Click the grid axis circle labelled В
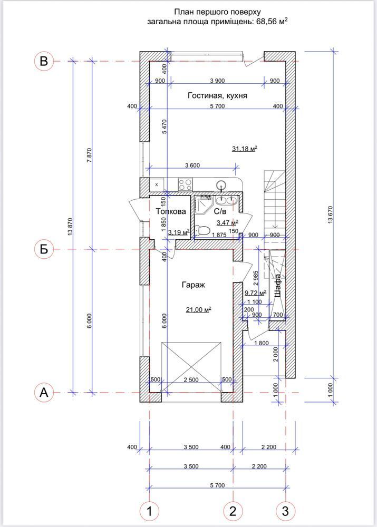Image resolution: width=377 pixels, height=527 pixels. tap(44, 61)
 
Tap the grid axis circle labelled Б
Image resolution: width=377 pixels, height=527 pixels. tap(44, 249)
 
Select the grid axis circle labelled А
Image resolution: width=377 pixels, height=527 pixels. tap(44, 392)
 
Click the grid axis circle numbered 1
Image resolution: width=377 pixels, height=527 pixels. tap(149, 512)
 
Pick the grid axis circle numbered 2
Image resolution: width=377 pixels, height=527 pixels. tap(233, 512)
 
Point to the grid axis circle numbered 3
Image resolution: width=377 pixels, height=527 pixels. tap(285, 512)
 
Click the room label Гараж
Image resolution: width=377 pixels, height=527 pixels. tap(194, 285)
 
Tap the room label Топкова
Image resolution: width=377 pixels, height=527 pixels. tap(171, 211)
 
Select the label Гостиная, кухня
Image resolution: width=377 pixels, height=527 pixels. tap(217, 96)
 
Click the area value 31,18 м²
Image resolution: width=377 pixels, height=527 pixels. tap(245, 149)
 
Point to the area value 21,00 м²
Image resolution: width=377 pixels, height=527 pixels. tap(198, 309)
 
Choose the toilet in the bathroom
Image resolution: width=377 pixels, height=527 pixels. tap(202, 231)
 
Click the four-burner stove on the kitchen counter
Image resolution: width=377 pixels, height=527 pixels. tap(185, 184)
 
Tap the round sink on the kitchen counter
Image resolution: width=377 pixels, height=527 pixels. tap(221, 184)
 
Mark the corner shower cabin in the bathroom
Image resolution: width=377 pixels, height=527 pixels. tap(204, 205)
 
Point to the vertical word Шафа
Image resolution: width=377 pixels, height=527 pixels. tap(278, 286)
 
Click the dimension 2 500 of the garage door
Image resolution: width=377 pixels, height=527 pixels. tap(191, 380)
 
